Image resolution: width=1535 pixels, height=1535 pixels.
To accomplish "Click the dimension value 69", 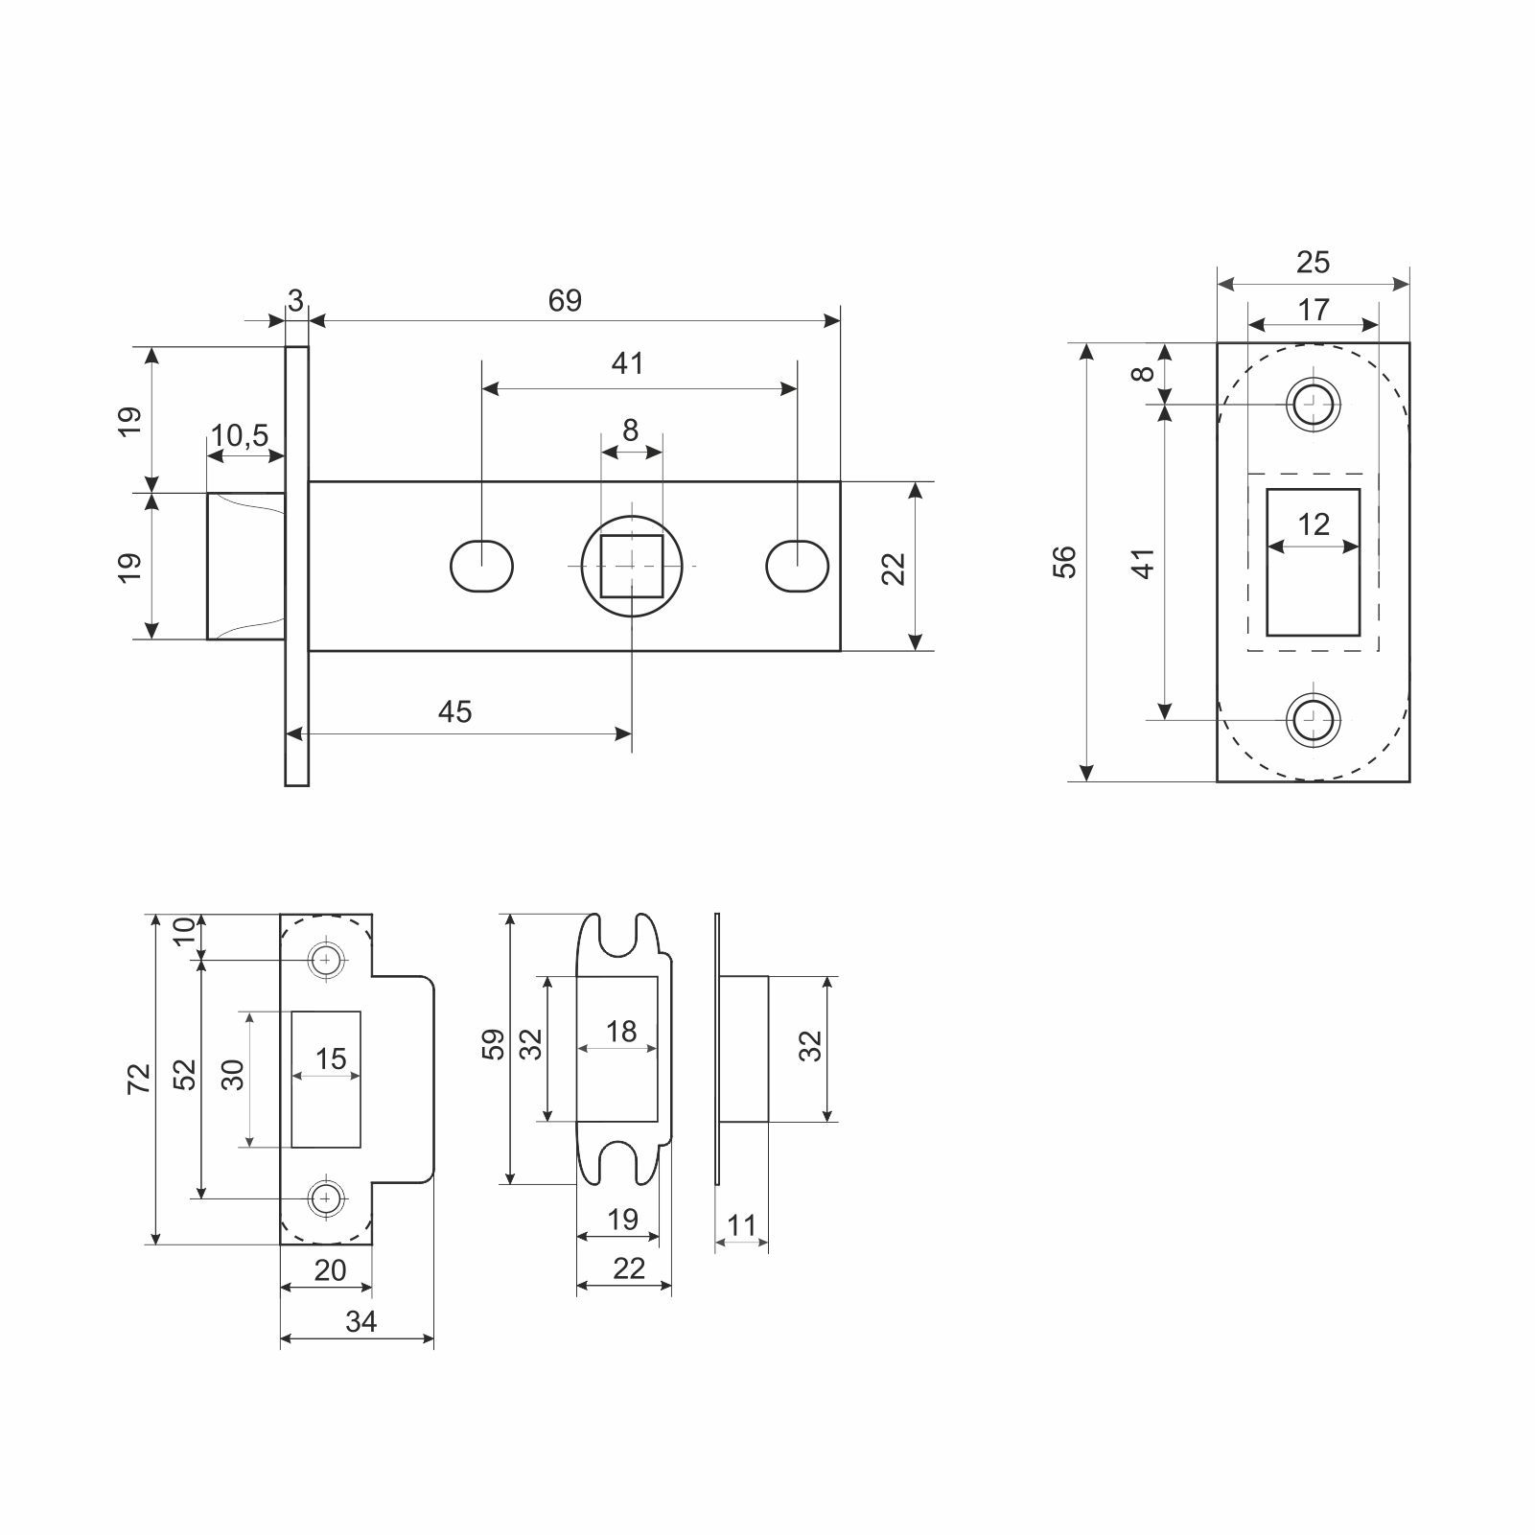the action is pos(565,301).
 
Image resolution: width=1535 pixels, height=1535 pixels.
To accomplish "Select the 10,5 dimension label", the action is pos(240,436).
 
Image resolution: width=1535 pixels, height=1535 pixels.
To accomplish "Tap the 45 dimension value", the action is pos(454,711).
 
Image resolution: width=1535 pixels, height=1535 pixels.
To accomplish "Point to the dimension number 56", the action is pos(1064,561).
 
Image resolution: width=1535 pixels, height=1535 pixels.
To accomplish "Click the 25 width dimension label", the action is pos(1313,262).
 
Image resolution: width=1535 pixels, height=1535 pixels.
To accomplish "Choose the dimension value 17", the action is pos(1314,310).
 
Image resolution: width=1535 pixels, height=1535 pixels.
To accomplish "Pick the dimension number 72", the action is pos(140,1079).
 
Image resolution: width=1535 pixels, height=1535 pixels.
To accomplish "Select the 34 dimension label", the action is pos(360,1321).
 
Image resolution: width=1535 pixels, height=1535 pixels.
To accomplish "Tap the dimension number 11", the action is pos(742,1225).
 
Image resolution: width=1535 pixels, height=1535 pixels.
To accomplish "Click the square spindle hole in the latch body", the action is pos(632,566).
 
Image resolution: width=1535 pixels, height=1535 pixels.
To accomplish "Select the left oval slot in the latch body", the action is pos(481,567).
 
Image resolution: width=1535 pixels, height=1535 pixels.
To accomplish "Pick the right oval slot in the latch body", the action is pos(798,567).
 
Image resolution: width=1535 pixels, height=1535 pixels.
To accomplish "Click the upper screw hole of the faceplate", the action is pos(1313,404).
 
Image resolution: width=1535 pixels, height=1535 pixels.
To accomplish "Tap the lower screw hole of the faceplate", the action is pos(1313,718).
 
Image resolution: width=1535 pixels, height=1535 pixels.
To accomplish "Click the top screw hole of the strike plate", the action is pos(327,960).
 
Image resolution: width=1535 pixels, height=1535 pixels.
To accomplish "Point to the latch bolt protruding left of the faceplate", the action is pos(246,566).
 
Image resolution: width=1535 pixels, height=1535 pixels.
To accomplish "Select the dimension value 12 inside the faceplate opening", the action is pos(1314,524).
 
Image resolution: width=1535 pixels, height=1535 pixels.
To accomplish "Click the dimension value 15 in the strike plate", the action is pos(330,1058).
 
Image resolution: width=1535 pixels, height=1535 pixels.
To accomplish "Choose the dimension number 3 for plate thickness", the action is pos(295,301).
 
